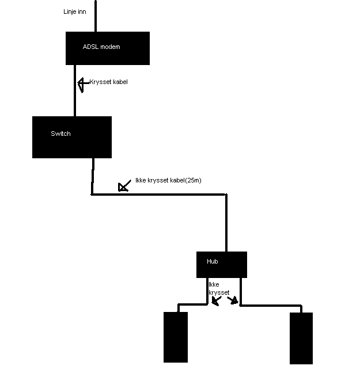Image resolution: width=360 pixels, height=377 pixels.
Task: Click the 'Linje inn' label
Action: point(75,12)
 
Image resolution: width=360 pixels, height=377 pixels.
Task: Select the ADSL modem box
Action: point(108,48)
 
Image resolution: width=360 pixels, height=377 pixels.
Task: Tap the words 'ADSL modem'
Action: point(101,47)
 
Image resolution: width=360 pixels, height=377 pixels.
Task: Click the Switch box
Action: point(72,137)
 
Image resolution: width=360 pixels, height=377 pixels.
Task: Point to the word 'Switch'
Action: point(60,134)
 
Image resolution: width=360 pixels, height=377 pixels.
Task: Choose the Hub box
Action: point(222,265)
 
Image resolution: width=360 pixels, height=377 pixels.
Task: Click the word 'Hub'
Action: point(212,261)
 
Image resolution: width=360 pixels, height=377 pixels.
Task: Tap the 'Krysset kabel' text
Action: point(108,82)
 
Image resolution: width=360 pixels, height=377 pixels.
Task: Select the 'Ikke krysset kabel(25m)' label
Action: point(168,180)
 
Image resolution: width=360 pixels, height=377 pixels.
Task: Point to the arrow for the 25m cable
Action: point(124,185)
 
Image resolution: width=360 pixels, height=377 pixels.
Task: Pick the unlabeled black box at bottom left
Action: point(176,337)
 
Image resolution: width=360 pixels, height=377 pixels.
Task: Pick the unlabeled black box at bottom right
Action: point(301,338)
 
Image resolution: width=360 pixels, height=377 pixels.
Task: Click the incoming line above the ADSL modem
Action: point(96,16)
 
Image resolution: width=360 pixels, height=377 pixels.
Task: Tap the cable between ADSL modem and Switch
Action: point(75,90)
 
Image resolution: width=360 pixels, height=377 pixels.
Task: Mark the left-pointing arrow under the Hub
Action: point(216,301)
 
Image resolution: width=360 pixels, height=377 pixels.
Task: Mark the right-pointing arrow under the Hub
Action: point(233,300)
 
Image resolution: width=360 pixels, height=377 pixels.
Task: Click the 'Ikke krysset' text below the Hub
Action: point(219,288)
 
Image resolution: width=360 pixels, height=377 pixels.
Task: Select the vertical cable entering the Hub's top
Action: point(226,223)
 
